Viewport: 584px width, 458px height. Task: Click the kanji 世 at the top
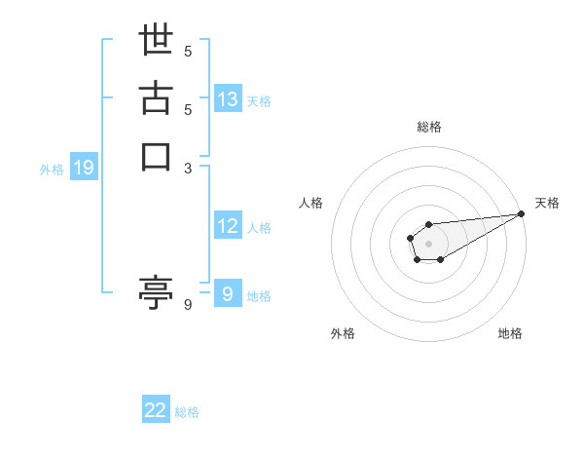157,45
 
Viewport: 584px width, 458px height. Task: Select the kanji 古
157,99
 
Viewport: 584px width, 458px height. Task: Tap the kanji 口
157,156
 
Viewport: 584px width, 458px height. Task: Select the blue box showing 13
228,99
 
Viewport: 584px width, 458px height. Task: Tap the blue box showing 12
228,226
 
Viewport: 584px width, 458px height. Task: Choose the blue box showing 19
84,169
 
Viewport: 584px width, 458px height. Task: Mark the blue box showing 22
156,410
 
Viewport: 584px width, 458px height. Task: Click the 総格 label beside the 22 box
187,412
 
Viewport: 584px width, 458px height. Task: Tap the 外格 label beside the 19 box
52,170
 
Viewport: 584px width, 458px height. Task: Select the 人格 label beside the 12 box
259,228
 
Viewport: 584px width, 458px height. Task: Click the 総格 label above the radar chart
428,127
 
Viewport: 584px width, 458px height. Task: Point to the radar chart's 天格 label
547,203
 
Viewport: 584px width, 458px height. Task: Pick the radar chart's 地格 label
510,334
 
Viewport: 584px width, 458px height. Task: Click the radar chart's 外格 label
343,334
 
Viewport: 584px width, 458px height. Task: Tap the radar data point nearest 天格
522,213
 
